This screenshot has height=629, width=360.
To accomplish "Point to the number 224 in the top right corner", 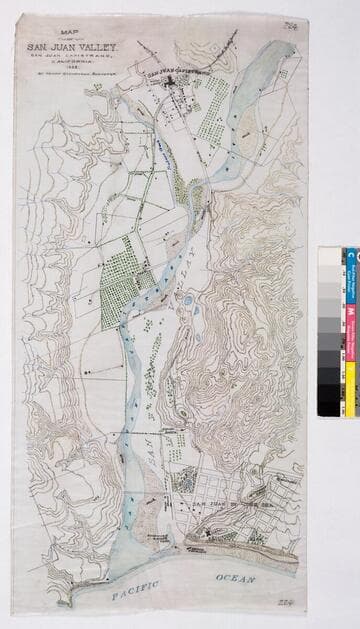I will pyautogui.click(x=291, y=25).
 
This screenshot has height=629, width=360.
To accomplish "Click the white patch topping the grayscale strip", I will pyautogui.click(x=329, y=256).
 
